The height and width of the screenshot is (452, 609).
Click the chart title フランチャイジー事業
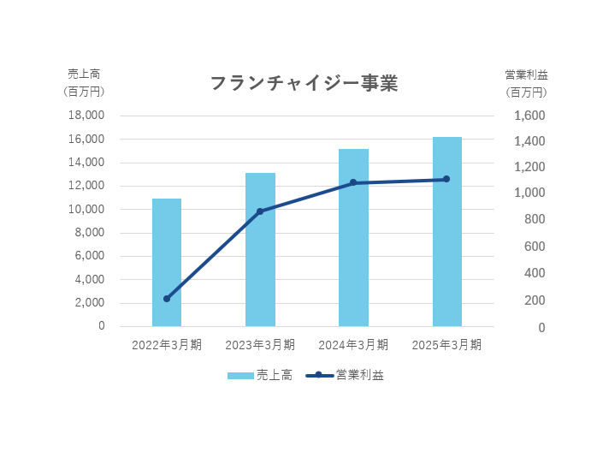304,84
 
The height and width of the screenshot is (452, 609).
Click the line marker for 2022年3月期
167,299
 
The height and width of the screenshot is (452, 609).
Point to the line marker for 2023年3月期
260,211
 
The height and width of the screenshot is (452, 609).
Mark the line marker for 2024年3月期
353,182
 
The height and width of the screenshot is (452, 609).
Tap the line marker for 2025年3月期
446,179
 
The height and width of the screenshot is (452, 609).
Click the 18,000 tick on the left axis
87,116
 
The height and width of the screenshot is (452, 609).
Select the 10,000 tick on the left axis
87,209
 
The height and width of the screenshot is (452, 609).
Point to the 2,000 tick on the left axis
91,302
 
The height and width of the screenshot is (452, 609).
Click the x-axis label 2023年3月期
260,345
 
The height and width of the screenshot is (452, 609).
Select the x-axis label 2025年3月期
446,345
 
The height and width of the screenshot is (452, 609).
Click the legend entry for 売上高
259,375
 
